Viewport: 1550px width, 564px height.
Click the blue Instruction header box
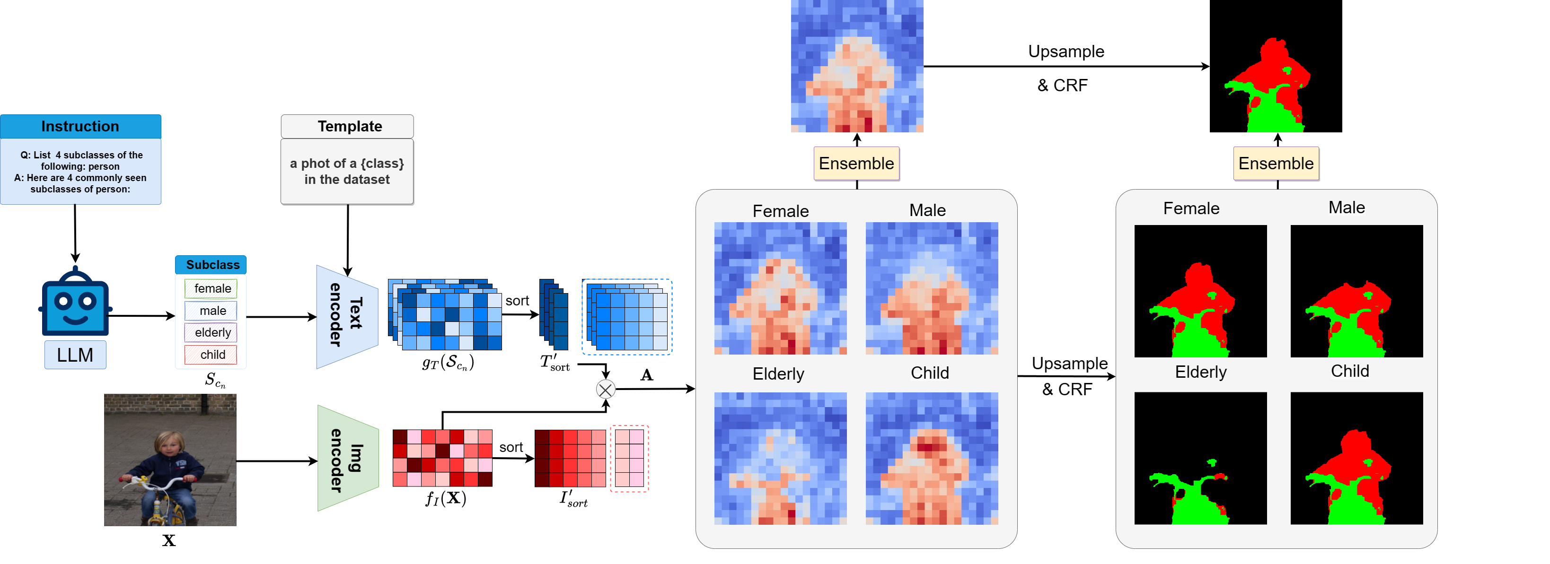pyautogui.click(x=80, y=126)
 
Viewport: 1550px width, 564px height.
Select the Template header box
pyautogui.click(x=347, y=126)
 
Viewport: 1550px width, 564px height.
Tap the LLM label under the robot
pyautogui.click(x=75, y=355)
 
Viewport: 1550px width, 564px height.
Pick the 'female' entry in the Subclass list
pyautogui.click(x=211, y=288)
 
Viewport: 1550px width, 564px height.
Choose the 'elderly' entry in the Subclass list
pyautogui.click(x=211, y=332)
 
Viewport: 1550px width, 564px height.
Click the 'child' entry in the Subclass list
pyautogui.click(x=211, y=355)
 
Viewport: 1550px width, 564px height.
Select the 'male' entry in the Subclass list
pyautogui.click(x=211, y=311)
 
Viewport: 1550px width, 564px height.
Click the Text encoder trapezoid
pyautogui.click(x=347, y=316)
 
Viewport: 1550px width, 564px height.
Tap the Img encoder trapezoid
pyautogui.click(x=348, y=458)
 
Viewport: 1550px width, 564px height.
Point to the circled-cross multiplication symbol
pyautogui.click(x=605, y=390)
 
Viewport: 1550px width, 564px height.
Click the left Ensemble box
pyautogui.click(x=856, y=164)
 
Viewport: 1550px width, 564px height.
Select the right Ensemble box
pyautogui.click(x=1276, y=164)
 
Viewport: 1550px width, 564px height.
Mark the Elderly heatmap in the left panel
pyautogui.click(x=780, y=458)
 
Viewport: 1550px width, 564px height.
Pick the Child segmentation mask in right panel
pyautogui.click(x=1357, y=458)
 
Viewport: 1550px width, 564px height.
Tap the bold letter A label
pyautogui.click(x=647, y=375)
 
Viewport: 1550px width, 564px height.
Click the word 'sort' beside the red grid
pyautogui.click(x=511, y=447)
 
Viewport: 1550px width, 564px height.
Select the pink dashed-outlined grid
pyautogui.click(x=629, y=458)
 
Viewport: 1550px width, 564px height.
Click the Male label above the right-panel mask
pyautogui.click(x=1347, y=208)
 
